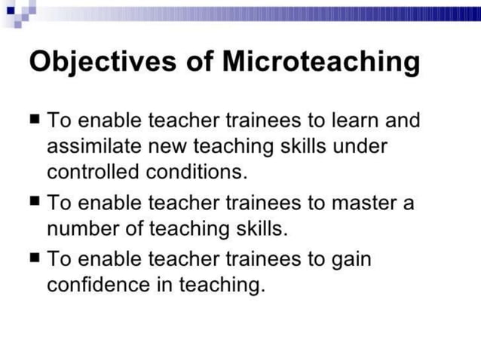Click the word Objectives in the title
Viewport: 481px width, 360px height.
94,62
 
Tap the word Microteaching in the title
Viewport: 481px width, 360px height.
320,62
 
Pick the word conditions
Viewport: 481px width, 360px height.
198,172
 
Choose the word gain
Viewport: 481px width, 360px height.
351,261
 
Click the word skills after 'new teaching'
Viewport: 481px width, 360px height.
305,145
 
